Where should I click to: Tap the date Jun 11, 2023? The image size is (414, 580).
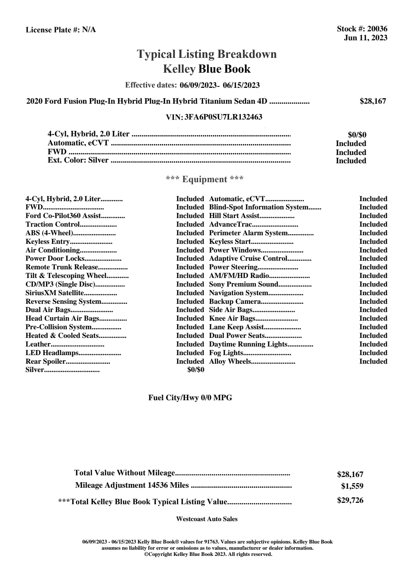click(x=365, y=38)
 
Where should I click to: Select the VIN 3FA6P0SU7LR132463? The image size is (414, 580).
click(x=223, y=117)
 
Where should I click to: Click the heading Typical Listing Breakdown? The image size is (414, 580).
click(x=207, y=54)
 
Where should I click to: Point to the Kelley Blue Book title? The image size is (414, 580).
click(x=207, y=69)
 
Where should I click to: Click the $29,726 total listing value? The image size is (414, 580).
click(x=350, y=500)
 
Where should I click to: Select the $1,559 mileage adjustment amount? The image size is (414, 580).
click(x=352, y=486)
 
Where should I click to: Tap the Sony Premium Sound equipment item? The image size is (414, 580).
click(x=243, y=284)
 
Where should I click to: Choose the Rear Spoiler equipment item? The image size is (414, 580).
click(x=46, y=362)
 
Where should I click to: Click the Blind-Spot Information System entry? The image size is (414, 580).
click(x=259, y=207)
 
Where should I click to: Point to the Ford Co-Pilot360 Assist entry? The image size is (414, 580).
click(x=63, y=216)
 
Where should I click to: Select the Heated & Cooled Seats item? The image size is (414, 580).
click(x=62, y=336)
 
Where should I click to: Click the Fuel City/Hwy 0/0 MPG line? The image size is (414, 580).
click(x=190, y=398)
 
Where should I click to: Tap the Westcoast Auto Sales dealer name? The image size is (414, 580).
click(x=207, y=519)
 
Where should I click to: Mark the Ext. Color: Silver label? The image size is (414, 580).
click(x=78, y=160)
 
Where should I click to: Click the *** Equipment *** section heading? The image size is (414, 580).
click(x=205, y=179)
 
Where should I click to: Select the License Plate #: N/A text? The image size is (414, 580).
click(x=61, y=30)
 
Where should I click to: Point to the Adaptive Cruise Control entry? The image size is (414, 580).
click(x=248, y=259)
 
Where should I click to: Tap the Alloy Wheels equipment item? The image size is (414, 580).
click(x=230, y=362)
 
